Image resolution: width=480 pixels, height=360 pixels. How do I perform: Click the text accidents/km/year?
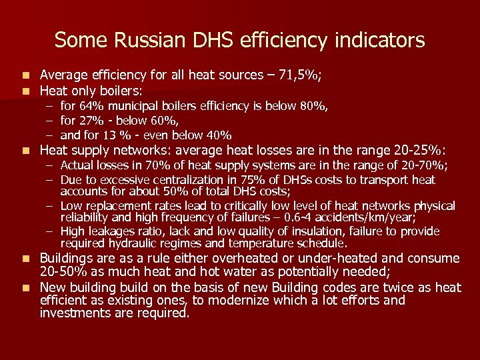[x=372, y=218]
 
